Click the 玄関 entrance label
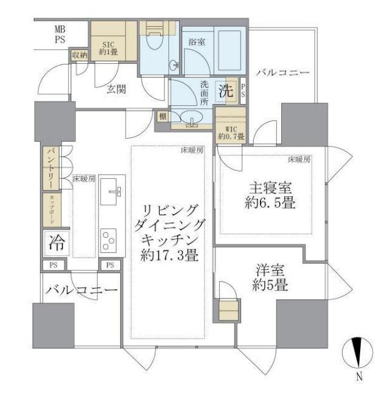pyautogui.click(x=117, y=89)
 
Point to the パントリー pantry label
pyautogui.click(x=50, y=168)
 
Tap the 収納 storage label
pyautogui.click(x=80, y=55)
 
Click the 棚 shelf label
pyautogui.click(x=163, y=116)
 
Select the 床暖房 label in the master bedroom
pyautogui.click(x=299, y=160)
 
